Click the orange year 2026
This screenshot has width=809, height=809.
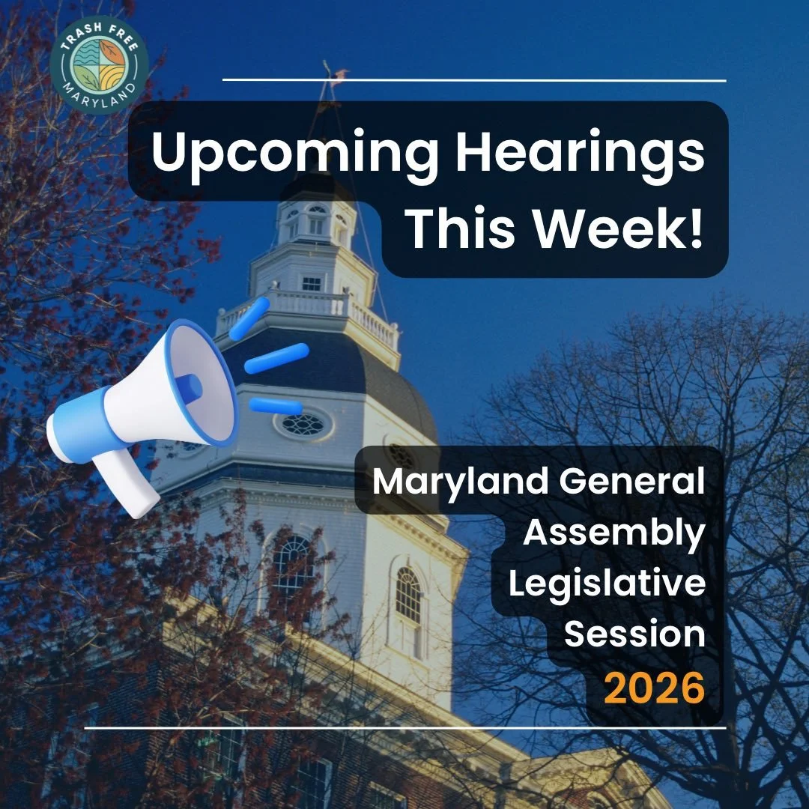point(656,688)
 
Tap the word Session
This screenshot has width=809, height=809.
point(634,634)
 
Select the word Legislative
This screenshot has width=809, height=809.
point(607,585)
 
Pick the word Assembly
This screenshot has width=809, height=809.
point(614,533)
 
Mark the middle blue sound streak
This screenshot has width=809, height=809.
point(276,358)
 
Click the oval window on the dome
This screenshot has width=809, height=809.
point(303,425)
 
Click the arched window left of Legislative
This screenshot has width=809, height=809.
point(408,596)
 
